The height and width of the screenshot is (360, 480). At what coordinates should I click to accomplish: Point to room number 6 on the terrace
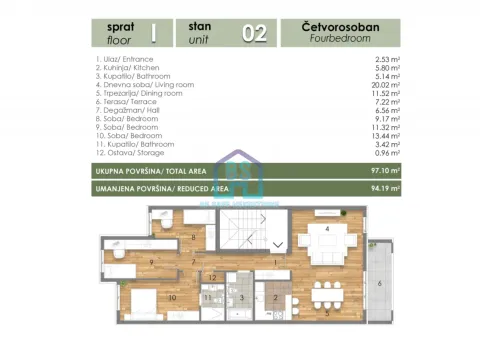click(379, 284)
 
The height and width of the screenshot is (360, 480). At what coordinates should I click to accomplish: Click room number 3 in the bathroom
click(241, 297)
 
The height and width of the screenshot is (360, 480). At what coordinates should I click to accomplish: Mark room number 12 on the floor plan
click(212, 275)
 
